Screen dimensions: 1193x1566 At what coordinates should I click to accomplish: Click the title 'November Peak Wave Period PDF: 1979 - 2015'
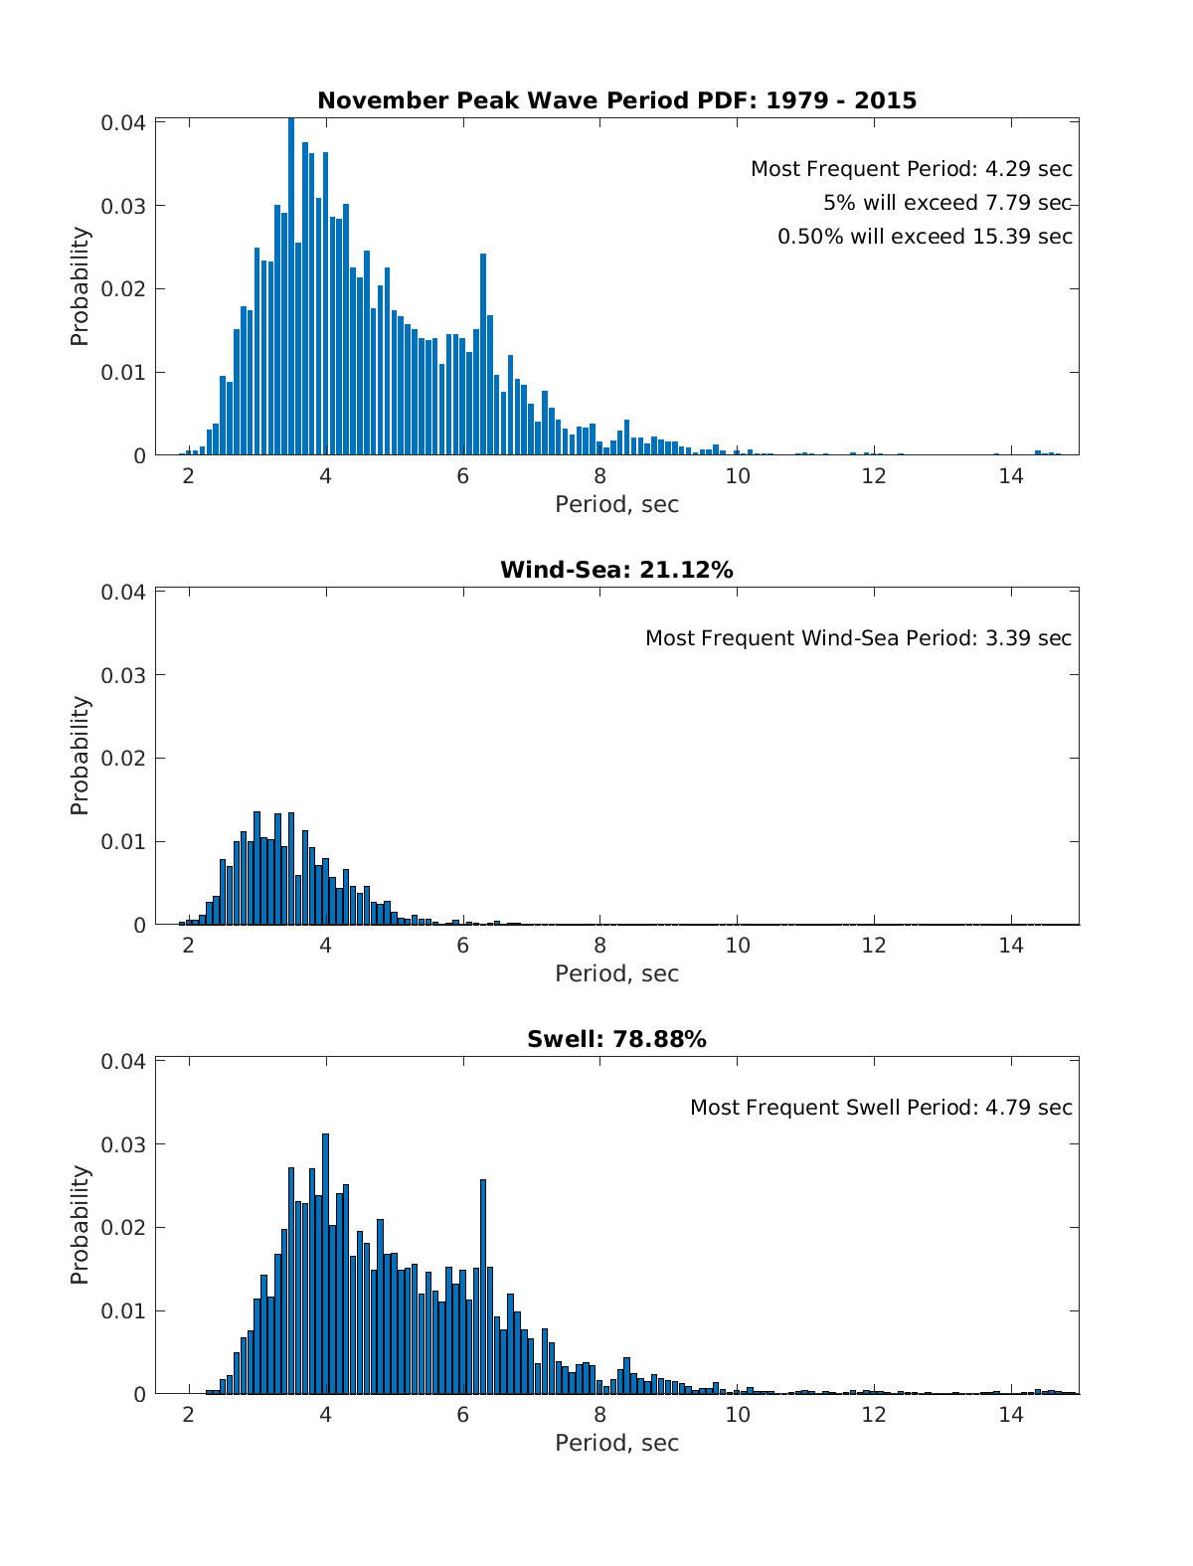616,100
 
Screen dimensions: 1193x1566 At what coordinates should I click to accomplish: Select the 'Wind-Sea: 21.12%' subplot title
616,570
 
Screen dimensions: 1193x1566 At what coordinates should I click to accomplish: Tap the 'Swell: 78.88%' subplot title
616,1039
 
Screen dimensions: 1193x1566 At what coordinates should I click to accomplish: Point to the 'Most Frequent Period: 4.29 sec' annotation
911,169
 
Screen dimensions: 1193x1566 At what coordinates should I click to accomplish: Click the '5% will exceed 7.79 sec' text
947,203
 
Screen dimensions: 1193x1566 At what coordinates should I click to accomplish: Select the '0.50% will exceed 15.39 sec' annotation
925,237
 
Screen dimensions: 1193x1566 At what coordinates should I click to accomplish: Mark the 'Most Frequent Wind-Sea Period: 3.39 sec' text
858,637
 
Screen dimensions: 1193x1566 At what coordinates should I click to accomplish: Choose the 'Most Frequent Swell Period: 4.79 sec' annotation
881,1108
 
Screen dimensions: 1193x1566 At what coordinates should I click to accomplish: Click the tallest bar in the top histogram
291,286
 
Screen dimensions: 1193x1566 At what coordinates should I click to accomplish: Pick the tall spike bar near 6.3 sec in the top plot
483,355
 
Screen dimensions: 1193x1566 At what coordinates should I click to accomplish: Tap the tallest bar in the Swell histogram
325,1264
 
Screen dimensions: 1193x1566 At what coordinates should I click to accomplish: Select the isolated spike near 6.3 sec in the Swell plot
483,1287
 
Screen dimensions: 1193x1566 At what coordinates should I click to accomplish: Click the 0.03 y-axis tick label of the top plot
122,207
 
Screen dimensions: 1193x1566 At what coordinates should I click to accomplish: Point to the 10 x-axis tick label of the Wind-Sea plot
738,946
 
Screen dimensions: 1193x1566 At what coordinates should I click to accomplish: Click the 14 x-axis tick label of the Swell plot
1010,1415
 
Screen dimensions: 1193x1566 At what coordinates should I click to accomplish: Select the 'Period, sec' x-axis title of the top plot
616,504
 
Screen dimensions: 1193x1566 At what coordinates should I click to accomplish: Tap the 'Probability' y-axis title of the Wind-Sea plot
80,756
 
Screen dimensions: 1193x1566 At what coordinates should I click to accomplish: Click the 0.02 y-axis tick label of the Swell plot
122,1228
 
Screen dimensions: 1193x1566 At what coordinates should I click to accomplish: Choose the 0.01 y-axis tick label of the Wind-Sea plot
122,842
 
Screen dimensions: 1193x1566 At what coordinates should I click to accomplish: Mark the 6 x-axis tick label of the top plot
463,476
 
